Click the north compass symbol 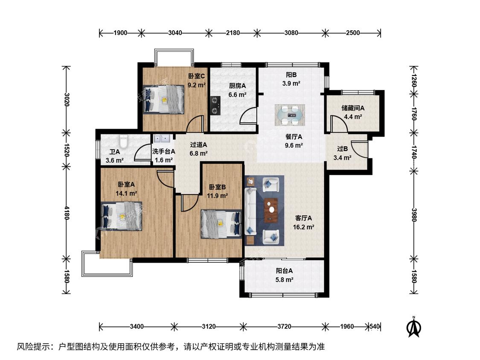point(413,327)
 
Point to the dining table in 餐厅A point(290,115)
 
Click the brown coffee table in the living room point(271,210)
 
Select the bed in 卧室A point(122,216)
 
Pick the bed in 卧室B point(221,224)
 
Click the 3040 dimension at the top point(175,33)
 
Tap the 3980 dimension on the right point(414,215)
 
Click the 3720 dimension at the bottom point(285,327)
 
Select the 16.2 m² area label point(304,227)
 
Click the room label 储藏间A point(353,108)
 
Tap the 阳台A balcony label point(285,271)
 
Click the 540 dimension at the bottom point(375,327)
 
